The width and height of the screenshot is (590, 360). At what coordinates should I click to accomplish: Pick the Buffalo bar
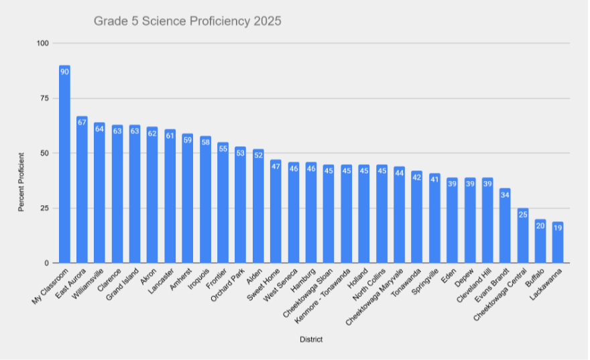[x=540, y=241]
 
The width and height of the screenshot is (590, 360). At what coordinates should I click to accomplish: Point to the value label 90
[x=64, y=71]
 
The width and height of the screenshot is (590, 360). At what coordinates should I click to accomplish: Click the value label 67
[x=82, y=122]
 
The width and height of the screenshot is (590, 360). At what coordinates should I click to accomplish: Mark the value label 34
[x=505, y=194]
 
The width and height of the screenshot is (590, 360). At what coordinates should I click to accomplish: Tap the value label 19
[x=558, y=227]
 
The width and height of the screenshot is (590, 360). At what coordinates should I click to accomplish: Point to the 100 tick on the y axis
[x=44, y=44]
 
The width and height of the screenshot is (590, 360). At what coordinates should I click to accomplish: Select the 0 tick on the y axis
[x=48, y=263]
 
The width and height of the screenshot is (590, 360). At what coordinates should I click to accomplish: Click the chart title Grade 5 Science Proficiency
[x=188, y=21]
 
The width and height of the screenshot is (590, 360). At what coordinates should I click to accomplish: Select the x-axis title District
[x=311, y=340]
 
